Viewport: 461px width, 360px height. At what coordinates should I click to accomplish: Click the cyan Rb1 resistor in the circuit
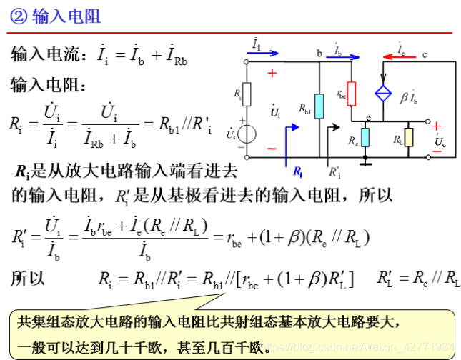[319, 106]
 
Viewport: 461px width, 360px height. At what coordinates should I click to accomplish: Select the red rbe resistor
[351, 94]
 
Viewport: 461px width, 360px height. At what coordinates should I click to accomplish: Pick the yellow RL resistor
[408, 136]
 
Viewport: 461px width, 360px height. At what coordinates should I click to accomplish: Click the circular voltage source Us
[247, 134]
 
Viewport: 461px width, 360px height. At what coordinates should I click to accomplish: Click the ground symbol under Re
[365, 161]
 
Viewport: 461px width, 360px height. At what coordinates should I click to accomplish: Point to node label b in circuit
[319, 52]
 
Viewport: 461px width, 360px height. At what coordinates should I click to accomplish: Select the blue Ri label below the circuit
[297, 171]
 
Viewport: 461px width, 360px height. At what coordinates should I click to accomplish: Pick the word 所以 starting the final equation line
[27, 278]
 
